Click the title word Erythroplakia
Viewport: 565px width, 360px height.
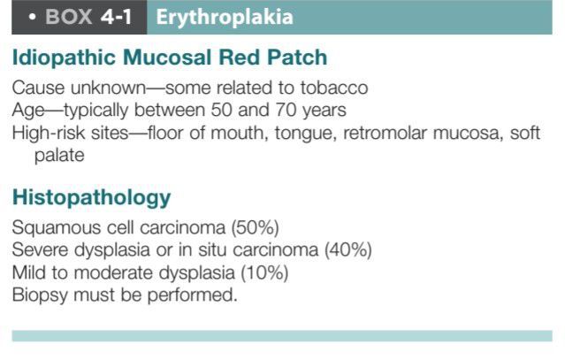coord(225,18)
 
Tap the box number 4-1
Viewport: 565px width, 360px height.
coord(116,17)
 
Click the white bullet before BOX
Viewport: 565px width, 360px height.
coord(32,17)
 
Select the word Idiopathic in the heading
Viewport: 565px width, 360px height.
coord(64,57)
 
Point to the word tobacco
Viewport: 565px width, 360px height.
coord(334,88)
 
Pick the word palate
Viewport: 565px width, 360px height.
coord(59,156)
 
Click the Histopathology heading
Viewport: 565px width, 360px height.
coord(92,198)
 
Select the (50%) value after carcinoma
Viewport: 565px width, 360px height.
coord(256,227)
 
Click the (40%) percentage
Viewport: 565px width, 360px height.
coord(348,250)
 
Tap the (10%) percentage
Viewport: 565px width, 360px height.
coord(264,272)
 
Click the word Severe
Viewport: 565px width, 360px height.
coord(40,249)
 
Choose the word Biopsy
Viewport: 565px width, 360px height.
coord(40,295)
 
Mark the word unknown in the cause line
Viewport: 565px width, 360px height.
coord(108,88)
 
